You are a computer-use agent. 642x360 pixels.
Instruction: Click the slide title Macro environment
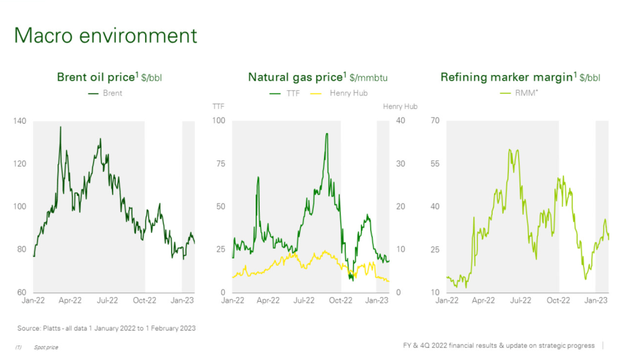[x=106, y=35]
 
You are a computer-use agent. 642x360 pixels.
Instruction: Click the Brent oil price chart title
[x=109, y=78]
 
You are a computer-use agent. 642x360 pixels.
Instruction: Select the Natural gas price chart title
[x=317, y=78]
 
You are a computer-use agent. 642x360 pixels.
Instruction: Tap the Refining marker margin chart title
[x=520, y=78]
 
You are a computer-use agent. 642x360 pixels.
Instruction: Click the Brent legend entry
[x=106, y=93]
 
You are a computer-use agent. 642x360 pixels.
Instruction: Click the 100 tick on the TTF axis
[x=219, y=121]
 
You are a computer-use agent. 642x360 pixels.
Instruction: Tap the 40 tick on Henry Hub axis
[x=400, y=121]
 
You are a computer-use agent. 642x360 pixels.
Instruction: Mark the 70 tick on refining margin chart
[x=435, y=121]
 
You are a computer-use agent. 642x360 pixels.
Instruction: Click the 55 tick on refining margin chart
[x=435, y=164]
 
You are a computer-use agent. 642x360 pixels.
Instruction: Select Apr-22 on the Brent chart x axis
[x=71, y=301]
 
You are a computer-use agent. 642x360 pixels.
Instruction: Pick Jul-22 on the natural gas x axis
[x=304, y=301]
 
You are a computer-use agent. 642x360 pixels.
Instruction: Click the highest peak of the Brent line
[x=61, y=126]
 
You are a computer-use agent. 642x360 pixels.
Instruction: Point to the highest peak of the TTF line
[x=327, y=133]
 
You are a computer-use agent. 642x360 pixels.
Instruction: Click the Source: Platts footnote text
[x=106, y=328]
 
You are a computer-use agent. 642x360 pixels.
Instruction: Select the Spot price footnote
[x=45, y=347]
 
